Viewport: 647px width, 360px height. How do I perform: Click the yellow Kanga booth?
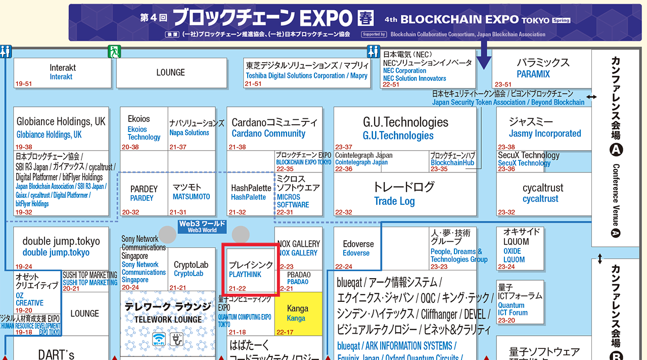tap(298, 313)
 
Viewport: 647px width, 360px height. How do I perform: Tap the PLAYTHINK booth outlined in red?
tap(251, 269)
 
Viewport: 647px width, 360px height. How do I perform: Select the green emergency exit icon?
tap(114, 51)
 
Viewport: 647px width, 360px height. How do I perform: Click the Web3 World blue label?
tap(202, 227)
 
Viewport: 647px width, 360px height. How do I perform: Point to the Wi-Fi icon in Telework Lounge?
tap(160, 339)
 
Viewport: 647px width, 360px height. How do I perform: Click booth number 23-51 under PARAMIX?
tap(503, 84)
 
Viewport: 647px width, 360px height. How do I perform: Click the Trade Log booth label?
tap(394, 194)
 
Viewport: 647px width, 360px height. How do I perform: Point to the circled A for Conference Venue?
tap(616, 150)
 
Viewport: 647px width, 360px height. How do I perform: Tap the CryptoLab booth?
tap(191, 269)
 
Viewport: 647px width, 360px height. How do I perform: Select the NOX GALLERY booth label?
tap(298, 248)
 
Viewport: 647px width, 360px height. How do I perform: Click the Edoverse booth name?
tap(358, 248)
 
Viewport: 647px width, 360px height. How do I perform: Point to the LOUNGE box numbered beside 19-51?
tap(170, 72)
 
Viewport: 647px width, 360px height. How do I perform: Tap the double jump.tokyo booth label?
tap(61, 247)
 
